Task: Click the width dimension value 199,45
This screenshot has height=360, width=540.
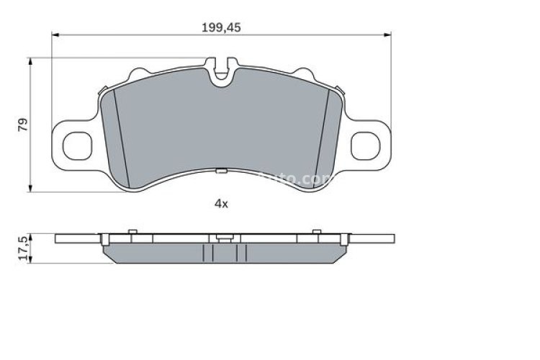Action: (x=220, y=27)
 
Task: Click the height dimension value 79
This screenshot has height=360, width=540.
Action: (x=24, y=124)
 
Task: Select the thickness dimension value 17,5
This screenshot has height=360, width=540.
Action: (x=23, y=247)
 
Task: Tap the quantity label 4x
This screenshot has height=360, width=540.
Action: (x=221, y=204)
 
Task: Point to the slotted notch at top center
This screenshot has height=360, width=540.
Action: (x=222, y=68)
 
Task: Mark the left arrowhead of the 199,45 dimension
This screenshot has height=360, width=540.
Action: (x=57, y=35)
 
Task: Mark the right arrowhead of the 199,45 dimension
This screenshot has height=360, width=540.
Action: (x=387, y=35)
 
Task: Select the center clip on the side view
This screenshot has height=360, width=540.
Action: (x=223, y=237)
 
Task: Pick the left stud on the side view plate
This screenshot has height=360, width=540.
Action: (x=132, y=230)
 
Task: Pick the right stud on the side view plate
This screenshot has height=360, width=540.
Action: (x=314, y=230)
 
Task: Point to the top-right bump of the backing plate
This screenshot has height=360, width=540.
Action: (x=306, y=72)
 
